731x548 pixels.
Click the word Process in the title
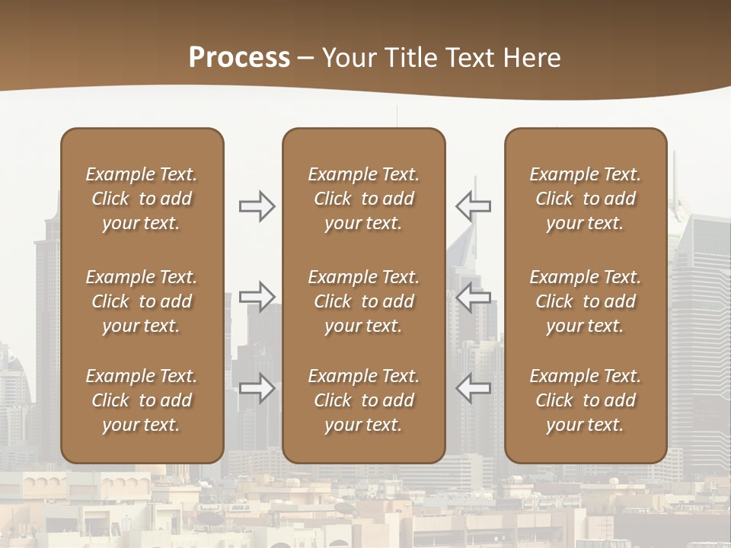click(x=239, y=57)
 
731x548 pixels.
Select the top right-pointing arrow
click(x=257, y=206)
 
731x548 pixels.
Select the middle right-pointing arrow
click(x=257, y=297)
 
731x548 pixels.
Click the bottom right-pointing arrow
click(x=257, y=388)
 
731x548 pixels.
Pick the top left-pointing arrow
click(x=473, y=206)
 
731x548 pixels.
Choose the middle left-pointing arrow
click(x=473, y=297)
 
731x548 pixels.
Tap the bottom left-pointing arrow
click(x=473, y=388)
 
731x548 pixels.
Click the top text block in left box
click(x=142, y=199)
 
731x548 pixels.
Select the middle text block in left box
click(x=142, y=301)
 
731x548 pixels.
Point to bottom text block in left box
click(x=142, y=400)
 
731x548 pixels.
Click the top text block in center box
click(x=363, y=199)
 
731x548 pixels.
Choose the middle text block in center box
click(x=363, y=301)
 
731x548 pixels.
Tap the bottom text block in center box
click(x=363, y=400)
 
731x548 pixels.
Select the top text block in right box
click(x=585, y=199)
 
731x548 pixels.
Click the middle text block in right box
click(x=585, y=301)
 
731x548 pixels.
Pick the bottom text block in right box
click(x=585, y=400)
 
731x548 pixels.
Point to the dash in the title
click(x=306, y=59)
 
